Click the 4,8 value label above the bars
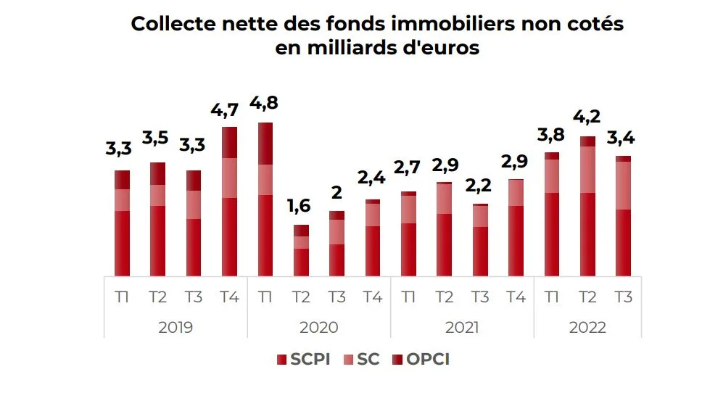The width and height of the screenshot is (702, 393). [x=265, y=102]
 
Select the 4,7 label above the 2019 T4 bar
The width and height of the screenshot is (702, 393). [x=229, y=111]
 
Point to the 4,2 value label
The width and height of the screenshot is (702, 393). [x=587, y=117]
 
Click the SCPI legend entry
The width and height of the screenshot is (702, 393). [x=304, y=359]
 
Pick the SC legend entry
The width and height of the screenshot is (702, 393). [x=360, y=359]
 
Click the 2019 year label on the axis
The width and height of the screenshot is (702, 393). [x=175, y=328]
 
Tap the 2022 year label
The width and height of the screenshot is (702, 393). [x=587, y=328]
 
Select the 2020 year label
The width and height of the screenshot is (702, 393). [x=319, y=328]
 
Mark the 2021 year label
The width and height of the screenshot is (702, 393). [x=462, y=328]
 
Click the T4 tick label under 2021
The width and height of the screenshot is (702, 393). [x=516, y=297]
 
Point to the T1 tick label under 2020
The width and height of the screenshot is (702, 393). [x=265, y=297]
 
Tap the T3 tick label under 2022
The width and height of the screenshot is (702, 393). [x=623, y=297]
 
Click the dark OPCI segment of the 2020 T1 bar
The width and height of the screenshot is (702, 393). [x=265, y=144]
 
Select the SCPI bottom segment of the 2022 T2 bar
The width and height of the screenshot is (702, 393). [x=587, y=234]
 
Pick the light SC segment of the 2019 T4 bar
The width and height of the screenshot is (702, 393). [x=229, y=178]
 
